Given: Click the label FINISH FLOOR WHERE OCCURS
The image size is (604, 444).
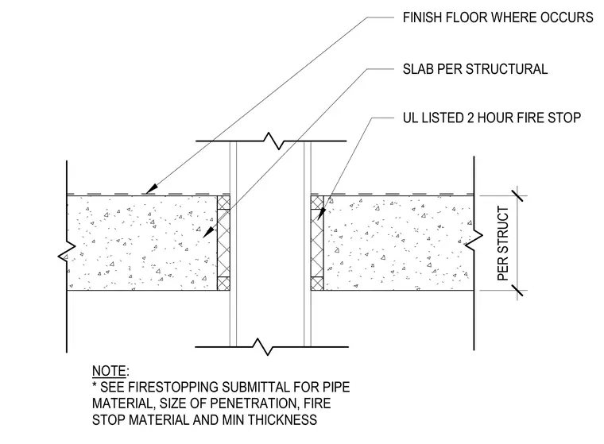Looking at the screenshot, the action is [x=498, y=17].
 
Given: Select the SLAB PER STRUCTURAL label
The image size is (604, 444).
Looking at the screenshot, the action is [x=475, y=69].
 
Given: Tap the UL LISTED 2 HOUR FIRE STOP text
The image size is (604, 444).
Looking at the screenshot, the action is [x=491, y=118].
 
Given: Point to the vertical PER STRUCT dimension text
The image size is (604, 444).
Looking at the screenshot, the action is [x=503, y=243].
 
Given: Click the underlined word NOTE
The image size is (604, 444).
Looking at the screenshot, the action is [x=109, y=371].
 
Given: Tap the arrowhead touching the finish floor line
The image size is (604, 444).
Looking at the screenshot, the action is [x=152, y=188].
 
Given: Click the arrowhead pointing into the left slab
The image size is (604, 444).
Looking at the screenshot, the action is [x=208, y=232].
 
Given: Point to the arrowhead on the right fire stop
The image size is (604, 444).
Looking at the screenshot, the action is [x=321, y=214].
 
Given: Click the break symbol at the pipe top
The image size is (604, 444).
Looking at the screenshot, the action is [x=273, y=141].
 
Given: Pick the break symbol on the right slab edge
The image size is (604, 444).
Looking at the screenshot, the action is [x=474, y=240].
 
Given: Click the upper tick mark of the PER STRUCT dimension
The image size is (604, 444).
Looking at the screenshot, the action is [x=517, y=195].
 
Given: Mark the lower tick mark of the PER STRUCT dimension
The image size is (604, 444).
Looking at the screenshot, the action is [x=517, y=290].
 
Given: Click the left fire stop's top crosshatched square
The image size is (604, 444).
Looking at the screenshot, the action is [x=224, y=203].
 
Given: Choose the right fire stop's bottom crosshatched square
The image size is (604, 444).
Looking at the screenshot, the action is [x=317, y=284].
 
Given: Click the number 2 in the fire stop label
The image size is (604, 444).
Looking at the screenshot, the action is [x=470, y=118].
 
